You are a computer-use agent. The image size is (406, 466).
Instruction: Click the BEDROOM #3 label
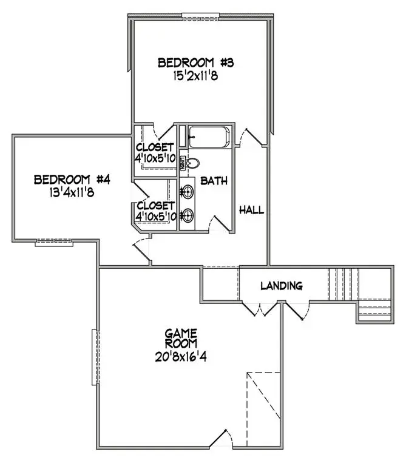(x=186, y=62)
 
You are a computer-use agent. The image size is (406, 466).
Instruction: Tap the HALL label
(x=251, y=210)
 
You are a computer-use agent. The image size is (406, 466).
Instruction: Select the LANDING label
(x=281, y=285)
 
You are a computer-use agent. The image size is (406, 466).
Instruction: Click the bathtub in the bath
(x=208, y=137)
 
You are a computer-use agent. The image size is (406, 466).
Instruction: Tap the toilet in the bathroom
(x=192, y=163)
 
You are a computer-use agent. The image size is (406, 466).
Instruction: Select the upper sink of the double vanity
(x=188, y=192)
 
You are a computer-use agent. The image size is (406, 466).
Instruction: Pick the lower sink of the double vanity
(x=188, y=215)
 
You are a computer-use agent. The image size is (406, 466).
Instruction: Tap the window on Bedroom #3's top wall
(x=200, y=16)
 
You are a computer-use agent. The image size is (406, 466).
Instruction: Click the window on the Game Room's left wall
(x=94, y=357)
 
